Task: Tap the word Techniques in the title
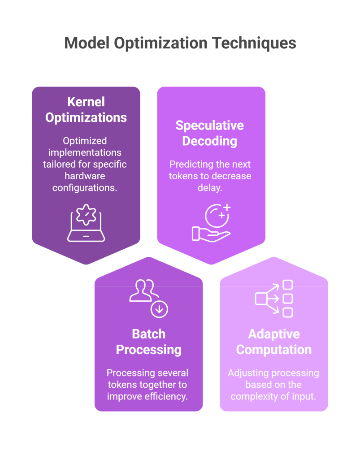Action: click(x=254, y=43)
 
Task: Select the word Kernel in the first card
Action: click(x=86, y=102)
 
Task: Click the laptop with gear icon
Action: click(x=86, y=224)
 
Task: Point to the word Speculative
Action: click(x=210, y=125)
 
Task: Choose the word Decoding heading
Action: click(x=210, y=141)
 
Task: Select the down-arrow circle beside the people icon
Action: click(x=159, y=309)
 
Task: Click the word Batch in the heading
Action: click(x=148, y=334)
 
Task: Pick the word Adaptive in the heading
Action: click(x=274, y=334)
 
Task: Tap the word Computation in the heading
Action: click(x=274, y=350)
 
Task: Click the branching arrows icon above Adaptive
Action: click(x=274, y=299)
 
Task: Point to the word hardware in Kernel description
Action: click(x=85, y=176)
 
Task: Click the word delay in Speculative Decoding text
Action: click(x=210, y=187)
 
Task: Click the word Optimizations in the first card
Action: click(x=86, y=117)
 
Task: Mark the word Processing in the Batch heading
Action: click(x=148, y=350)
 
